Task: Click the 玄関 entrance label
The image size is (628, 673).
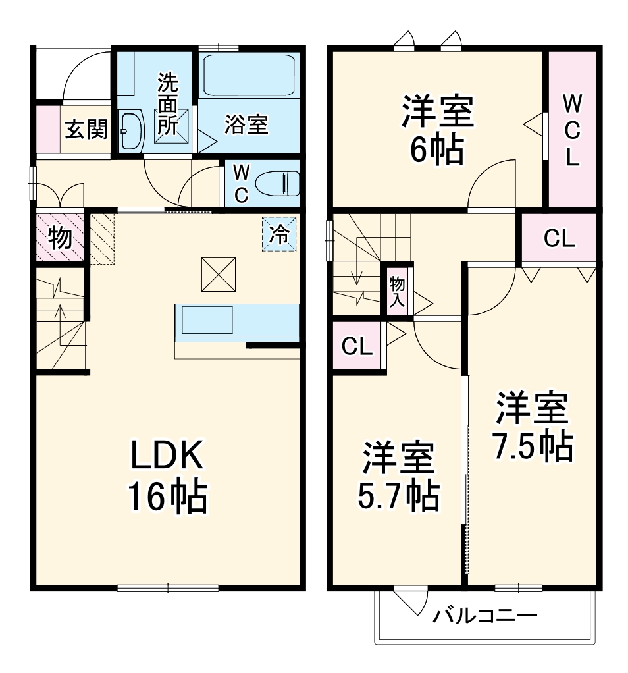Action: [86, 129]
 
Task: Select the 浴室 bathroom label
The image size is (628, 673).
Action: [246, 124]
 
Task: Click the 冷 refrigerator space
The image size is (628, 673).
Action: [280, 234]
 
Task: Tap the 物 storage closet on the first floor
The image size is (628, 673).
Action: [60, 238]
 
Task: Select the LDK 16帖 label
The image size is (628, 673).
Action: [168, 475]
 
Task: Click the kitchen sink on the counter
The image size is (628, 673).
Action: [207, 321]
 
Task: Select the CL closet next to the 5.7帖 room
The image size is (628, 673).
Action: [357, 346]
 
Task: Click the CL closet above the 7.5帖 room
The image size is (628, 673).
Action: [559, 239]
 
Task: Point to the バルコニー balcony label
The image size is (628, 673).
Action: [484, 616]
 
